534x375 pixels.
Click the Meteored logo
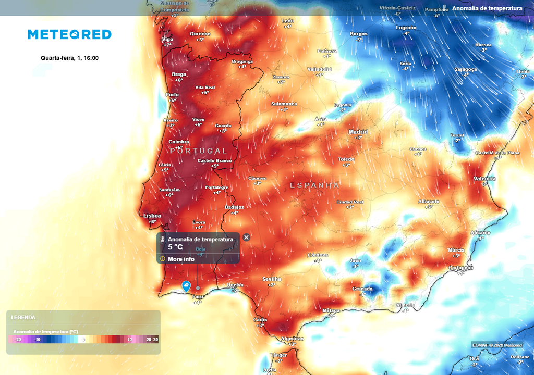[x=69, y=34]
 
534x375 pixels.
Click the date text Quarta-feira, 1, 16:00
[x=69, y=58]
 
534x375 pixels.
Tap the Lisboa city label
[x=152, y=216]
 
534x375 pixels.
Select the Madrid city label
[x=358, y=132]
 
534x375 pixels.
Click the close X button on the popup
[x=246, y=238]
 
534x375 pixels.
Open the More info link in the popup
[x=181, y=259]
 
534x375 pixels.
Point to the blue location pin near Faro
[x=186, y=285]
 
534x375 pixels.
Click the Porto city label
[x=172, y=95]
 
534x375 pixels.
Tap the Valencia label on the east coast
[x=484, y=179]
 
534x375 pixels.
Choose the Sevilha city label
[x=272, y=279]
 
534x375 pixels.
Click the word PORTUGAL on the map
[x=198, y=151]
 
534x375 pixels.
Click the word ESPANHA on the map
[x=314, y=185]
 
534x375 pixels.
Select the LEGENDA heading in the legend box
[x=23, y=317]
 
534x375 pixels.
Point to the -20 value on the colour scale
[x=18, y=339]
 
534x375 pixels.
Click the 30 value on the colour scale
[x=155, y=339]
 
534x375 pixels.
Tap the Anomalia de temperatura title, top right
[x=487, y=8]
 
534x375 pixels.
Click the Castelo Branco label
[x=214, y=161]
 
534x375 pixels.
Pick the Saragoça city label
[x=466, y=69]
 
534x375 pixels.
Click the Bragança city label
[x=242, y=61]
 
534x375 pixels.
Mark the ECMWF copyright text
[x=497, y=345]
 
